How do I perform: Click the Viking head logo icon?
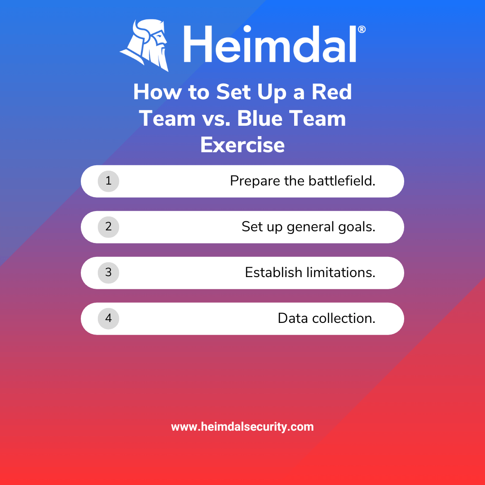click(145, 45)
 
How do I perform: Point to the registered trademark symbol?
click(362, 29)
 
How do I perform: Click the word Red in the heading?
click(331, 92)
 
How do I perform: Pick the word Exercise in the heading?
click(242, 145)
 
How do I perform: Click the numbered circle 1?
click(108, 181)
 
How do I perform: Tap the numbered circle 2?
click(108, 227)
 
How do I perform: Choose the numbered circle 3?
click(108, 273)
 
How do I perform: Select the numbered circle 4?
click(108, 318)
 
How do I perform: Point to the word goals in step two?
click(357, 227)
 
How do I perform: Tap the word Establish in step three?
click(273, 273)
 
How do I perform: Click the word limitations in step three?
click(341, 273)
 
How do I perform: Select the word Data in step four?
click(293, 318)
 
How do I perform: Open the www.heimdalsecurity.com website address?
click(242, 427)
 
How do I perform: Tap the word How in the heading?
click(158, 92)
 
